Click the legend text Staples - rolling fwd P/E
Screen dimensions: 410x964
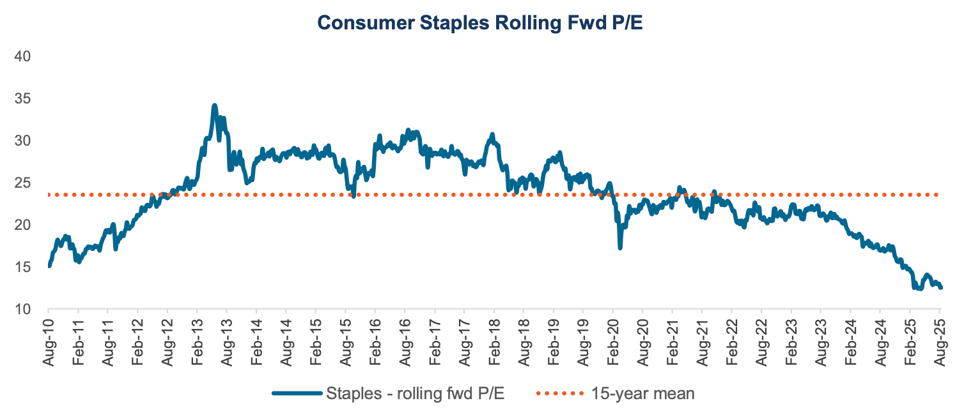pos(416,393)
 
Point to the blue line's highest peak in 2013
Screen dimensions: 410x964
pos(215,105)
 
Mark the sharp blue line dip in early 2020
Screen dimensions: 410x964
pos(620,247)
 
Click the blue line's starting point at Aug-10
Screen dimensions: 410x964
pos(49,265)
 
